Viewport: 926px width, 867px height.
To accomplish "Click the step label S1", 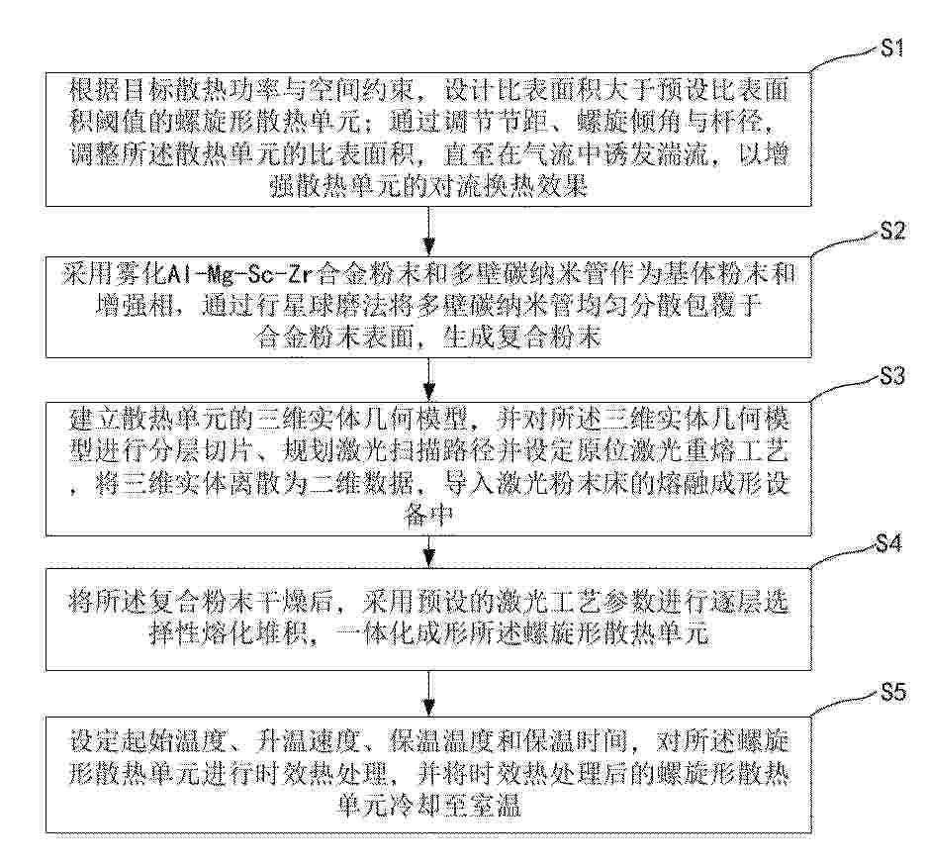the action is [x=891, y=48].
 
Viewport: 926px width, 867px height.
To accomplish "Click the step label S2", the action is [x=891, y=231].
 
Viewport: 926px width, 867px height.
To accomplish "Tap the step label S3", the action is [x=891, y=376].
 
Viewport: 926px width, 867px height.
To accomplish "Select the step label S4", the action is [x=888, y=543].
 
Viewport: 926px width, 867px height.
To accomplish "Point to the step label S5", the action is [x=892, y=692].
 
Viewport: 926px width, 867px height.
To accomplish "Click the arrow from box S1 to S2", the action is [x=429, y=231].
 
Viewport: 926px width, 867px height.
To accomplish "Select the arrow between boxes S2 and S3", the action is [x=429, y=379].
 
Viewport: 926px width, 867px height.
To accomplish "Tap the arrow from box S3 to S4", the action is [x=429, y=552].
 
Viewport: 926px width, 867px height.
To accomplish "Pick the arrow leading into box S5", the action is [x=429, y=694].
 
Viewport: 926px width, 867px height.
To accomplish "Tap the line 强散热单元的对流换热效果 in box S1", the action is [x=428, y=187].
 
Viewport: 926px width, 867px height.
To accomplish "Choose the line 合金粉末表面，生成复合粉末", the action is [x=428, y=338].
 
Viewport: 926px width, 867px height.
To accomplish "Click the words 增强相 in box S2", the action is [x=133, y=306].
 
